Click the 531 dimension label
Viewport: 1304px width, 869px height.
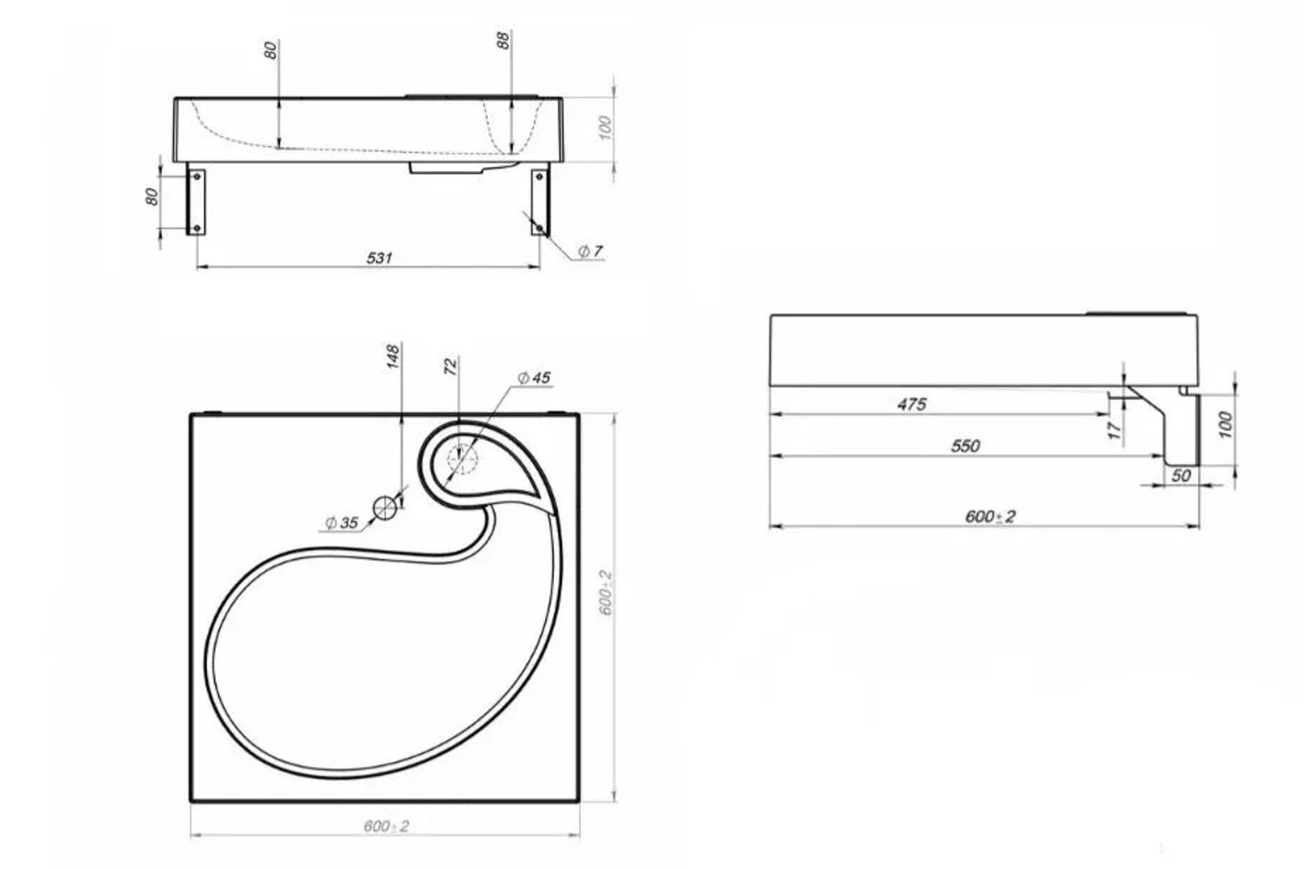click(380, 257)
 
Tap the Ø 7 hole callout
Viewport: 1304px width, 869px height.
click(590, 251)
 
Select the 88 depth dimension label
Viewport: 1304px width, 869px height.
click(504, 40)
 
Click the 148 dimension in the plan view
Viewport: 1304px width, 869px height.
click(394, 356)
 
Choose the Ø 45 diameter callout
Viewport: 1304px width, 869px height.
click(534, 378)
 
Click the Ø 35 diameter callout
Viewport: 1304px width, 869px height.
click(342, 522)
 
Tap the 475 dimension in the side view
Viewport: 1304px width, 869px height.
click(912, 404)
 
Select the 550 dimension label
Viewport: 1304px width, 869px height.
click(965, 446)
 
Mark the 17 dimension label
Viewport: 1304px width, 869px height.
click(1114, 431)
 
